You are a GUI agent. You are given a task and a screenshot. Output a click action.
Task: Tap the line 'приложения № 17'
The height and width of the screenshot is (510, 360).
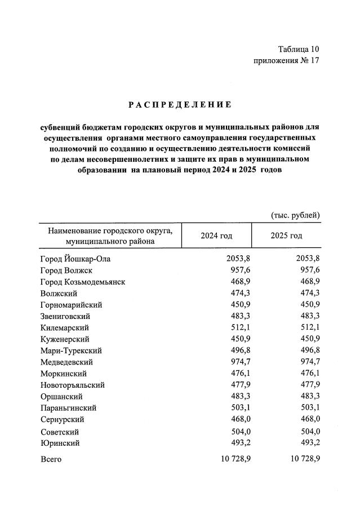(x=287, y=61)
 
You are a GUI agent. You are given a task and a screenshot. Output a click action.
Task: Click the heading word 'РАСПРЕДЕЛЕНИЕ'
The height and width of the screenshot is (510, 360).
(x=180, y=104)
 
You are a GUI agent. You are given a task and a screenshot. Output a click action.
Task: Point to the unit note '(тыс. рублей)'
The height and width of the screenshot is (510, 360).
(x=296, y=215)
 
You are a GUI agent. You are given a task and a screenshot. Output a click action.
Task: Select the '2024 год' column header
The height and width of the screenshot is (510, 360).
(x=216, y=236)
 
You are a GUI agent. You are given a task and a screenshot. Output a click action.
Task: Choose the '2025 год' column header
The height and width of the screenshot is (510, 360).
(x=286, y=236)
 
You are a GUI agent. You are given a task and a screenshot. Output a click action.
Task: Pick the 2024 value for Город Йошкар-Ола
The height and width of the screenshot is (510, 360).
(x=238, y=259)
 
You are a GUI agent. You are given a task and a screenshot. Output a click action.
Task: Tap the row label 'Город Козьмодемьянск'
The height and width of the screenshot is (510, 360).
(x=83, y=282)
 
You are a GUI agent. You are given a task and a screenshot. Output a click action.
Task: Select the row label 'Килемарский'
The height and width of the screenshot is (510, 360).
(x=65, y=327)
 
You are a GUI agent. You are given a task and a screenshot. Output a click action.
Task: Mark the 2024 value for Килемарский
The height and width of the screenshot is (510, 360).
(x=241, y=327)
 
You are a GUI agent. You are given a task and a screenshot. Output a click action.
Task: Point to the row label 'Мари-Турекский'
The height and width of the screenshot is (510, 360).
(x=71, y=351)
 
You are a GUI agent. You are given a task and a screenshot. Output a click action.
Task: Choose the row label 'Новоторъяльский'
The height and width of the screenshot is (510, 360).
(x=73, y=385)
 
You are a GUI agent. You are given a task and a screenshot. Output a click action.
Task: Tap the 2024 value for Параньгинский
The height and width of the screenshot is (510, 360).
(x=241, y=408)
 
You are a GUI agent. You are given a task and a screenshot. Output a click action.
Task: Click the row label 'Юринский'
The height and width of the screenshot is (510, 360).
(x=60, y=443)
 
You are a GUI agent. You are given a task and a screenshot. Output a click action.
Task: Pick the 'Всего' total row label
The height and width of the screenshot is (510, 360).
(x=51, y=459)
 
